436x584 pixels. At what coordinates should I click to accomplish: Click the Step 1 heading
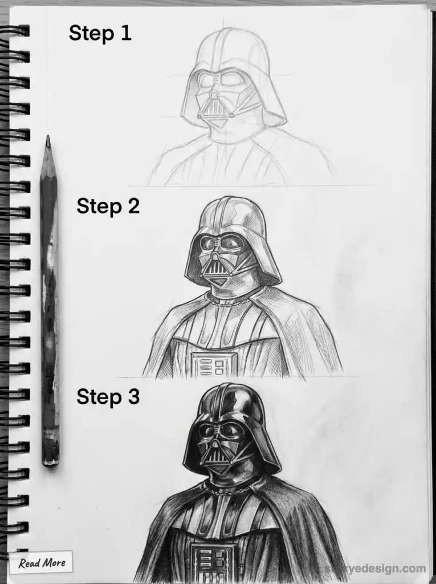[x=100, y=33]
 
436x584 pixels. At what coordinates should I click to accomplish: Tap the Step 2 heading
[x=108, y=206]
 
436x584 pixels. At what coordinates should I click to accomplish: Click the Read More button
[x=41, y=563]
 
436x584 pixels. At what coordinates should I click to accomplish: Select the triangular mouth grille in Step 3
[x=214, y=451]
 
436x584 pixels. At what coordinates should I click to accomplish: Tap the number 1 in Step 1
[x=125, y=33]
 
